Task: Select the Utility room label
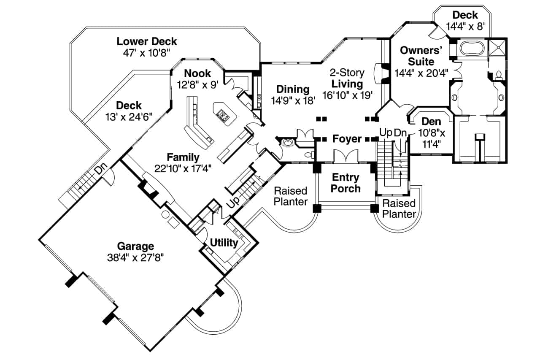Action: [224, 243]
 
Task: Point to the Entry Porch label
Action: [345, 183]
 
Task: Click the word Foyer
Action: [347, 138]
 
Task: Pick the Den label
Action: [431, 122]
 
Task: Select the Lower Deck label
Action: [146, 41]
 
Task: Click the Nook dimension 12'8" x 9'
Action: [197, 85]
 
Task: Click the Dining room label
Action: [292, 89]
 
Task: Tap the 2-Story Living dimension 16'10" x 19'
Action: [347, 95]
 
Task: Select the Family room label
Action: [183, 157]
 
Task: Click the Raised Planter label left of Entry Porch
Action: [290, 196]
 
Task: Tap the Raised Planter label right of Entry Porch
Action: [399, 209]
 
